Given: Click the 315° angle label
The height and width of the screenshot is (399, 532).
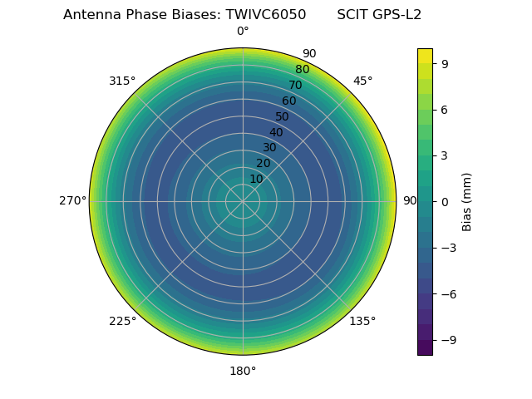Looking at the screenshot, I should click(122, 81).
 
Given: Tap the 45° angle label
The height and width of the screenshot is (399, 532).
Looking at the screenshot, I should click(363, 81).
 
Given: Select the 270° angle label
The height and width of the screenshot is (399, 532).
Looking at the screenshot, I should click(73, 201).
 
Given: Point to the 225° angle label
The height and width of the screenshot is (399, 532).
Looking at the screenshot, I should click(122, 322).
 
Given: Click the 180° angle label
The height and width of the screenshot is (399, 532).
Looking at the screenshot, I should click(243, 371).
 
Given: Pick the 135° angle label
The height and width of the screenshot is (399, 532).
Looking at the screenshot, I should click(362, 322).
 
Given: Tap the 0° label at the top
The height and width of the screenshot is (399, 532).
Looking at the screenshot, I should click(243, 32).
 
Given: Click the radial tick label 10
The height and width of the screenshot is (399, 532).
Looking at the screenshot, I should click(256, 179).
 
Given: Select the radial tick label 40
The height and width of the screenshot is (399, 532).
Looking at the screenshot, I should click(276, 132).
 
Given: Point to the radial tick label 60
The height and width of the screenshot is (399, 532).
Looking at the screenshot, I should click(288, 101).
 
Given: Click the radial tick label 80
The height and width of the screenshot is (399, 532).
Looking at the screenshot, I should click(302, 70).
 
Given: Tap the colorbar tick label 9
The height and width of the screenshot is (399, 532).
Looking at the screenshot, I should click(445, 63).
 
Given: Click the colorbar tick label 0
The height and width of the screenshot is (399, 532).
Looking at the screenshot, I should click(445, 201).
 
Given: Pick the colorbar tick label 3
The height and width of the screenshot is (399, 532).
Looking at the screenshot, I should click(445, 155).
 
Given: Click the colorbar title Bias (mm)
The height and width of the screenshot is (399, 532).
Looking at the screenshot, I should click(467, 201).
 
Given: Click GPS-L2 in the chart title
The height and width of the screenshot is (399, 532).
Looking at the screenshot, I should click(397, 15).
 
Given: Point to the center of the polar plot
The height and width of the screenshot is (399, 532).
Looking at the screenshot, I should click(243, 201).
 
